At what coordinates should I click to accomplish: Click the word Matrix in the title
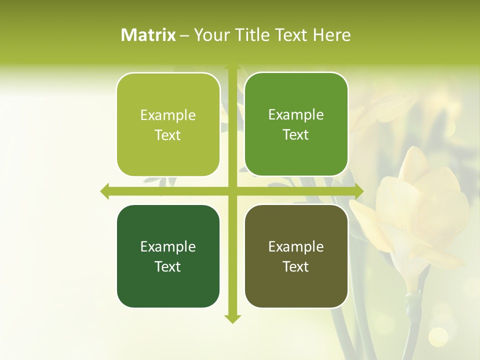(148, 35)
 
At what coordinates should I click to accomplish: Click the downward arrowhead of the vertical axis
(232, 318)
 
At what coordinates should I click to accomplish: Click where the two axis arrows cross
(232, 191)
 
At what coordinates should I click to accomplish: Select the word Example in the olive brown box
(296, 246)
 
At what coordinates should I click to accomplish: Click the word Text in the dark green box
(168, 266)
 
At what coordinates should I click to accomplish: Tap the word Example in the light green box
(168, 115)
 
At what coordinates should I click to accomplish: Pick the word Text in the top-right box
(296, 134)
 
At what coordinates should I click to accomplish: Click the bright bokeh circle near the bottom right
(438, 336)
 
